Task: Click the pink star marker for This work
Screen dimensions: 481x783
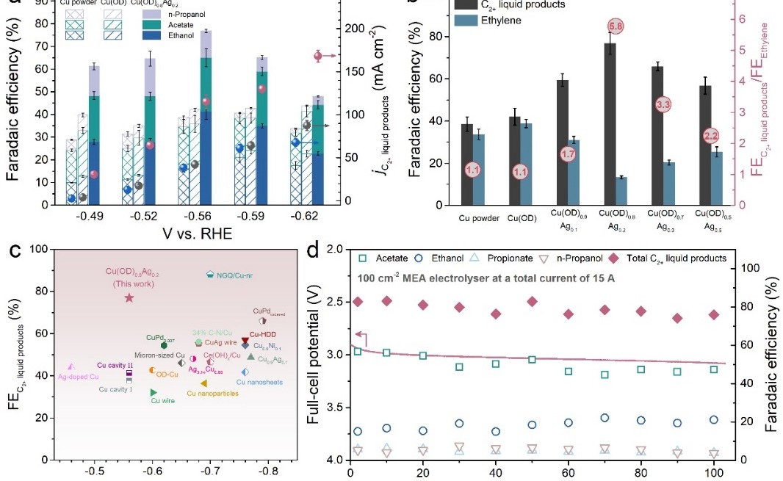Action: [x=129, y=297]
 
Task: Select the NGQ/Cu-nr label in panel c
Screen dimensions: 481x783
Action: [x=234, y=275]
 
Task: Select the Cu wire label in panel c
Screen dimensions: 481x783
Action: [x=162, y=401]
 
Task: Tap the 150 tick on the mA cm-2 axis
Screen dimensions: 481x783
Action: [x=356, y=71]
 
